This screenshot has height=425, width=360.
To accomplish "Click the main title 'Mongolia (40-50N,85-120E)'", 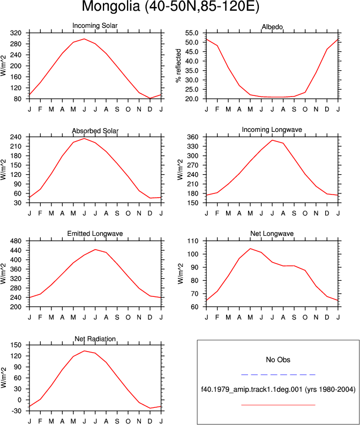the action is point(170,6).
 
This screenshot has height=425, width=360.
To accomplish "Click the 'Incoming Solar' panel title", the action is point(95,26).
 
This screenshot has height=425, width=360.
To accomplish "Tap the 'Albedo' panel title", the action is point(272,27).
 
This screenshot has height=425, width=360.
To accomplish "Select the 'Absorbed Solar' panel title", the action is point(95,131).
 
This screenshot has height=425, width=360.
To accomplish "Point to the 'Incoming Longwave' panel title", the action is point(272,130).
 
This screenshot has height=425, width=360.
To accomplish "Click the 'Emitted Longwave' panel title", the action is point(95,234).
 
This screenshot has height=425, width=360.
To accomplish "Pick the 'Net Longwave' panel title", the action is point(272,234).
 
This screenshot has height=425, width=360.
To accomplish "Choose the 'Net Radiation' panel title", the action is point(95,339).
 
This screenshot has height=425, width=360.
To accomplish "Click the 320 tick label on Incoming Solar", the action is point(16,33).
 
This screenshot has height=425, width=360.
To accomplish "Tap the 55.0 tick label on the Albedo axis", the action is point(192,33).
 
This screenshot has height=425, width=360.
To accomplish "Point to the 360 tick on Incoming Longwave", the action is point(193,137).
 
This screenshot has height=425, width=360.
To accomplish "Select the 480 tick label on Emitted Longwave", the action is point(16,241).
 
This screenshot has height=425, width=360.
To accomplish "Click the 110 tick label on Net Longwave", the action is point(193,241).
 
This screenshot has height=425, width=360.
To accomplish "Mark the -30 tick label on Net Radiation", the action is point(16,411).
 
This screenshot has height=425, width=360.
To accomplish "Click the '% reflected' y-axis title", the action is point(178,65).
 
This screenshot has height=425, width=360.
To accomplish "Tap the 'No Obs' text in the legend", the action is point(278,360).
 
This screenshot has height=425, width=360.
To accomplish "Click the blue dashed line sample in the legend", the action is point(278,375).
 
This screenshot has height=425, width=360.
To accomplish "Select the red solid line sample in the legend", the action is point(278,405).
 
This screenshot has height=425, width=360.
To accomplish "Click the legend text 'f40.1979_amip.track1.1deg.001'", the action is point(252,390).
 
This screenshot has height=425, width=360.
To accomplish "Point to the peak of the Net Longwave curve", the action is point(250,249).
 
